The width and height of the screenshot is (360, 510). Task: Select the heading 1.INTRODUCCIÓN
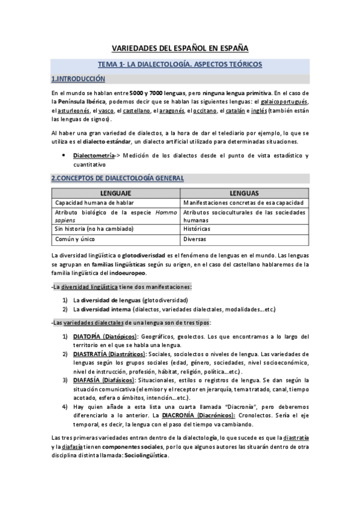pos(78,79)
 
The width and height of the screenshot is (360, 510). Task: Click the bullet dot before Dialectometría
pos(64,156)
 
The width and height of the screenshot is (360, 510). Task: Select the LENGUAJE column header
pos(115,194)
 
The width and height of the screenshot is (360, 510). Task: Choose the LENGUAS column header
pos(244,194)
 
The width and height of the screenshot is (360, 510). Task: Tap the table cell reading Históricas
pos(200,229)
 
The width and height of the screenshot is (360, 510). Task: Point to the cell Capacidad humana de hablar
pos(91,203)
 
